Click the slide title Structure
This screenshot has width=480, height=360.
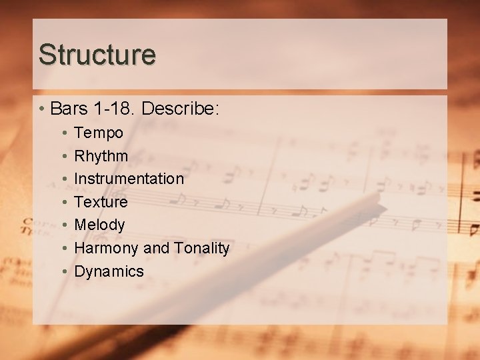(97, 55)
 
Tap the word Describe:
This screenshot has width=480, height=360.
(180, 108)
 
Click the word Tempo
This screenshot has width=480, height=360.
(99, 133)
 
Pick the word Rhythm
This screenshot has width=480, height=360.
(101, 156)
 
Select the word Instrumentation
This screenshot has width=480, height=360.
(129, 179)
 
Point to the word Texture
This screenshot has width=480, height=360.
(101, 202)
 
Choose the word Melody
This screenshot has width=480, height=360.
(99, 225)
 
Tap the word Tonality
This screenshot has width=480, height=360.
(201, 249)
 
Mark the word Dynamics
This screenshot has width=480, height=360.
(109, 271)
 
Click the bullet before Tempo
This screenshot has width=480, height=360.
(63, 133)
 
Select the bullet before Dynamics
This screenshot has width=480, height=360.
(63, 271)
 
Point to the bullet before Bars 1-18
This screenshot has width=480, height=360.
(42, 109)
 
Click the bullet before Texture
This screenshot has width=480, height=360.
(63, 202)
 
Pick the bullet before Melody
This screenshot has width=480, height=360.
(63, 225)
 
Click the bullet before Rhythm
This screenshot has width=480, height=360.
(63, 156)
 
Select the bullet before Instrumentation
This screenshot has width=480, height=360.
(63, 179)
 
